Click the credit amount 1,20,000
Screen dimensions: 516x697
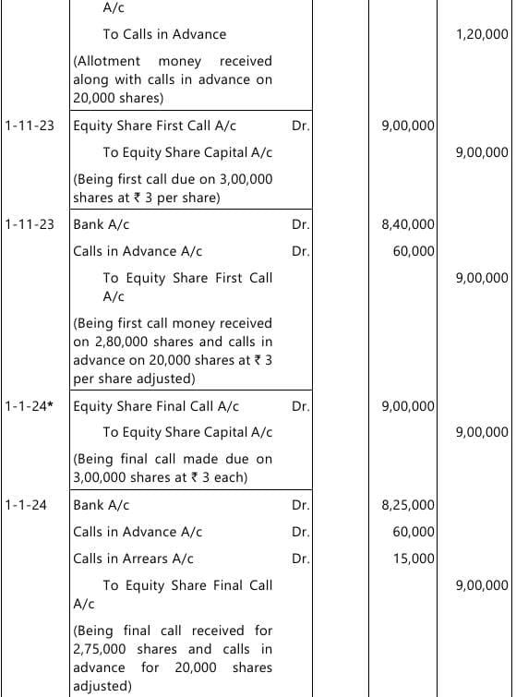482,34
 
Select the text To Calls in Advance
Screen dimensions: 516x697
164,34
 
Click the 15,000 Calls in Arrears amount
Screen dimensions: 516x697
414,559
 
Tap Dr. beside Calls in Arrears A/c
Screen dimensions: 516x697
300,559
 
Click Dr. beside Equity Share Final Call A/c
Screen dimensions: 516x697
300,405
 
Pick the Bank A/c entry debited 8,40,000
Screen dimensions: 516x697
101,224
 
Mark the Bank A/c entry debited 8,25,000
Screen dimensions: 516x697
101,505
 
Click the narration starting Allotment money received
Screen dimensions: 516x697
173,79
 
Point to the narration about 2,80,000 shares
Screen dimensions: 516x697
173,351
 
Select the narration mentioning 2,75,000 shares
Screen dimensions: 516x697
173,658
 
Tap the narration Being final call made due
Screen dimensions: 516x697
173,467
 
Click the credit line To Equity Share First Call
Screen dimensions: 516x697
187,278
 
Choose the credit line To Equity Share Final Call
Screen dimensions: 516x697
187,585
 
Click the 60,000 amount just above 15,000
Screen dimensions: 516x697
414,532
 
